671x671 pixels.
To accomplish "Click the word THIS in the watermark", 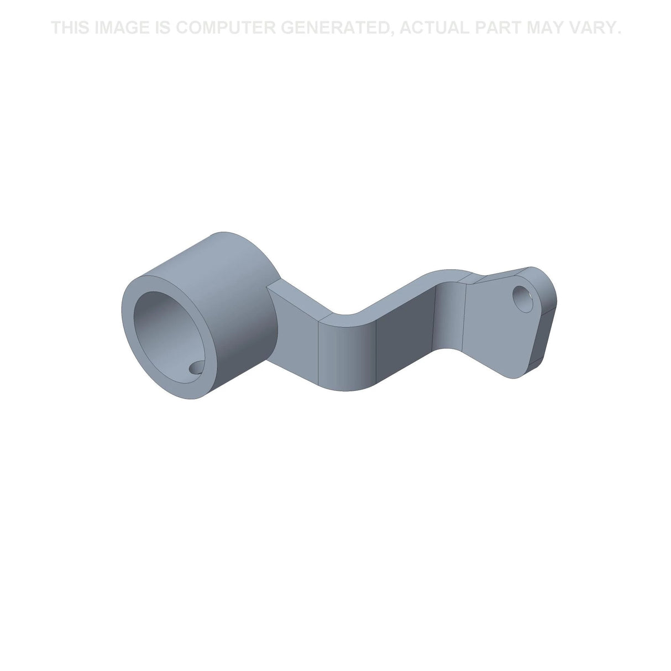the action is pyautogui.click(x=71, y=28).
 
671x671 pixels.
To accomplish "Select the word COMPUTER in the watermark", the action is pyautogui.click(x=226, y=28).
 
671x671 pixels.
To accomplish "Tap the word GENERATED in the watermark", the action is pyautogui.click(x=335, y=28).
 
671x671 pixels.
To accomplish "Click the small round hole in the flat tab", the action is pyautogui.click(x=523, y=299).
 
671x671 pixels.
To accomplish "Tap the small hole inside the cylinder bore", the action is pyautogui.click(x=197, y=368).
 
